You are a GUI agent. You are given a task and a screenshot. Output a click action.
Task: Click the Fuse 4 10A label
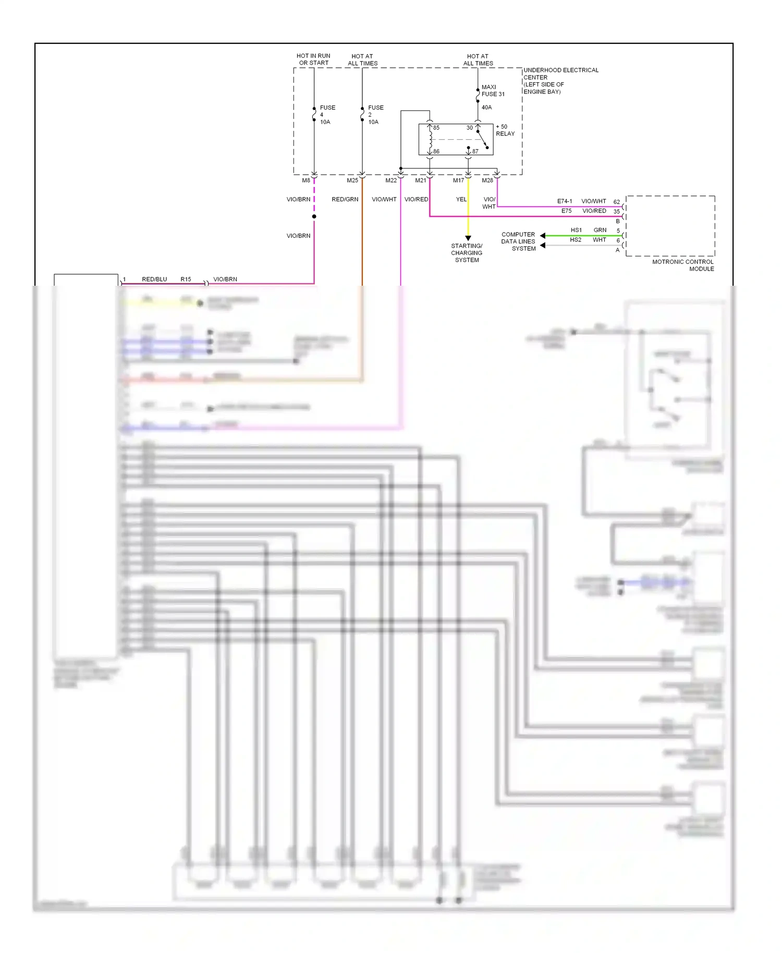coord(327,115)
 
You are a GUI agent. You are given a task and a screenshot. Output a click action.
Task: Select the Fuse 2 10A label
coord(375,115)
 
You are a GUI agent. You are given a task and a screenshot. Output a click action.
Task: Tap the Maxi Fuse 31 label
coord(493,91)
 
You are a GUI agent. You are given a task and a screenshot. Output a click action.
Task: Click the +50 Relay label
coord(505,130)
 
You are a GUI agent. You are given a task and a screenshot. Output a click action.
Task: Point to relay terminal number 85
coord(436,128)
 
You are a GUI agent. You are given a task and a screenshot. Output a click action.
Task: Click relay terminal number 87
coord(475,151)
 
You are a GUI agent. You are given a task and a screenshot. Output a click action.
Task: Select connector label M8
coord(306,180)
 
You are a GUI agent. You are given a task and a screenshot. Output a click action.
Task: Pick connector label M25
coord(352,180)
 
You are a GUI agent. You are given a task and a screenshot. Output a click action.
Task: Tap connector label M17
coord(458,180)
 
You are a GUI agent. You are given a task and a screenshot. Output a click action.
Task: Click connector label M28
coord(487,180)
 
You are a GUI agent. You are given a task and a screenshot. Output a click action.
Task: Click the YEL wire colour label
coord(461,199)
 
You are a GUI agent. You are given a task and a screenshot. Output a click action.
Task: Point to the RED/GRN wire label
coord(345,199)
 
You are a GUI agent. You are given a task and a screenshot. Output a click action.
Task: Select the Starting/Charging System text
coord(467,253)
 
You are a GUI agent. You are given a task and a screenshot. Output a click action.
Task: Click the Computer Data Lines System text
coord(519,241)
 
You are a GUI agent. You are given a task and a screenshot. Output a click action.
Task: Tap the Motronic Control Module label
coord(683,265)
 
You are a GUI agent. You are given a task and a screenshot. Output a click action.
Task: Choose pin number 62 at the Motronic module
coord(617,202)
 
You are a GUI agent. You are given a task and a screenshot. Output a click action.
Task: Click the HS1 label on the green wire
coord(576,230)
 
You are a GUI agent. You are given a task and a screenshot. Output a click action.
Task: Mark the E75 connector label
coord(566,211)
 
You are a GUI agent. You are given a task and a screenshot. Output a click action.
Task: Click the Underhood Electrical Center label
coord(560,81)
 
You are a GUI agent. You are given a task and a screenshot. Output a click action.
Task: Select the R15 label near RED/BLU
coord(186,279)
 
